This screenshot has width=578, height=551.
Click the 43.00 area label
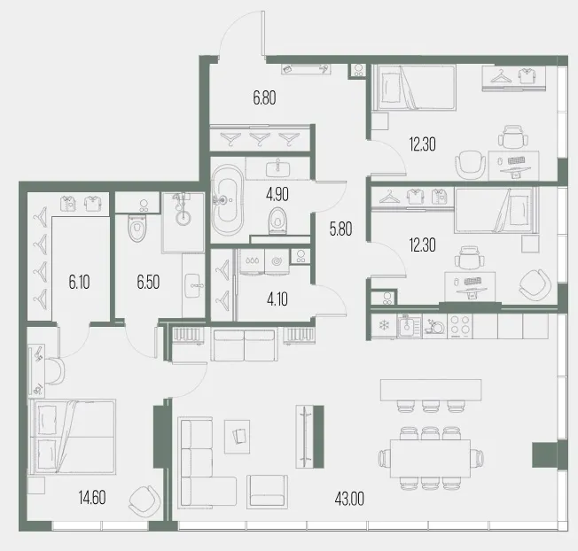pos(349,499)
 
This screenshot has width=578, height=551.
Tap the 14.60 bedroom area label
pos(92,498)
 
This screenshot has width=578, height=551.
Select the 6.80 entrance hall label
pos(264,98)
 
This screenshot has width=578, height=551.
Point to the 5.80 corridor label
pos(340,229)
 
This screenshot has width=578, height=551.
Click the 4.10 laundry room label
pos(277,299)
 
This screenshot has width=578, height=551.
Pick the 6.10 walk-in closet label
pos(79,283)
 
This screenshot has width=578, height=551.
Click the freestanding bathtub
pos(228,200)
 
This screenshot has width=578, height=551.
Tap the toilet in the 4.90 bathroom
pos(277,221)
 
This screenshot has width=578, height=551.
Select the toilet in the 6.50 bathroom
pos(137,229)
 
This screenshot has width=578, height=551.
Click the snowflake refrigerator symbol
pos(385,326)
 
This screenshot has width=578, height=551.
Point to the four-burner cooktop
pos(460,326)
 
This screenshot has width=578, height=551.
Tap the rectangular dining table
pos(431,458)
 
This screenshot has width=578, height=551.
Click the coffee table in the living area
pos(238,437)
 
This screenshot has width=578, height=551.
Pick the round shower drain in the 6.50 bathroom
pos(184,217)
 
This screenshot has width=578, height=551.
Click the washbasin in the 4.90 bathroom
pos(278,169)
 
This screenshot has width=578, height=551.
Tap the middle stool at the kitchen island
pos(431,407)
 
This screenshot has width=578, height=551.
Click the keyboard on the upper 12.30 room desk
pos(516,160)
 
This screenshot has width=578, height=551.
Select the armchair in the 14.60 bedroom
pos(144,501)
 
